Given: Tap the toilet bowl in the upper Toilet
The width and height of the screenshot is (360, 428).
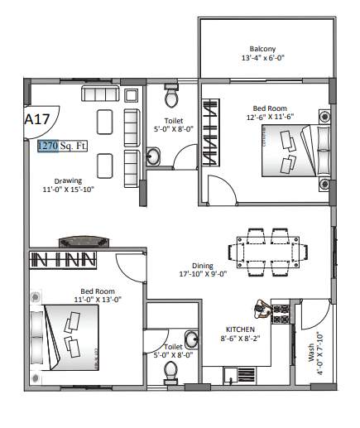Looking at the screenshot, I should [x=171, y=98].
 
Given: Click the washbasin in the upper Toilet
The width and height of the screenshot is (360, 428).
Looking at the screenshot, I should [x=155, y=156].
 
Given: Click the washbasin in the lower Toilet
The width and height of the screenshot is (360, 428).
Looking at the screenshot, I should [x=191, y=339].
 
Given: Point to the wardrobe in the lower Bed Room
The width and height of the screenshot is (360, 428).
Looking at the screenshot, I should [x=64, y=261].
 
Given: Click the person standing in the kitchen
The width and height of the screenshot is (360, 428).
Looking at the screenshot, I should [x=263, y=309].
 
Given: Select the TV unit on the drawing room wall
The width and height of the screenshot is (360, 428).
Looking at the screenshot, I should [x=83, y=242].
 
